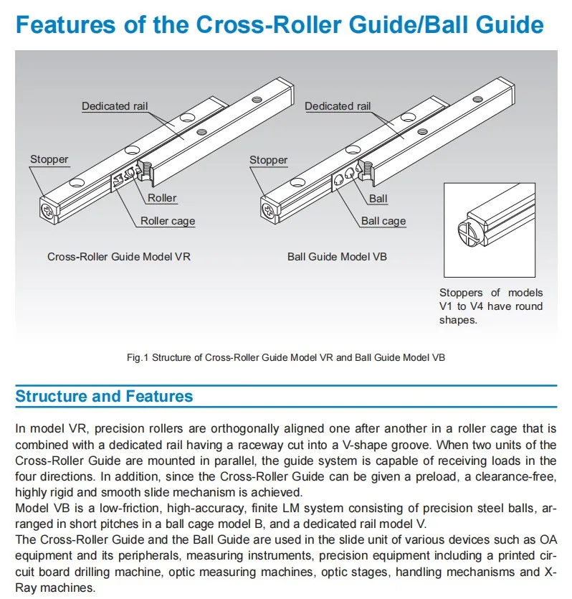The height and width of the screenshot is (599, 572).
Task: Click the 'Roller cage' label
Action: (167, 221)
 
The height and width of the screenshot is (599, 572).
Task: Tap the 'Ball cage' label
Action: (383, 221)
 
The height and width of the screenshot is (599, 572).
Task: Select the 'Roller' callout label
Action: (162, 198)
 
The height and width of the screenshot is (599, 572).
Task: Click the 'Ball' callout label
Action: (378, 198)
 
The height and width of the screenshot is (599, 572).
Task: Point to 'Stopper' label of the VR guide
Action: (49, 159)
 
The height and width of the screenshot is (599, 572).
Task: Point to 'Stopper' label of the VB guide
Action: (268, 160)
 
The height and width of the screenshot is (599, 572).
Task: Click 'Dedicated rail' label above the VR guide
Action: (115, 106)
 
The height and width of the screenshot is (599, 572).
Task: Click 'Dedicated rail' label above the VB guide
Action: (338, 106)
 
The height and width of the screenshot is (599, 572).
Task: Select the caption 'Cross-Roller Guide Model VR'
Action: (119, 256)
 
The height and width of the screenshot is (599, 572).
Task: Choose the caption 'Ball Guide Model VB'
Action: (337, 256)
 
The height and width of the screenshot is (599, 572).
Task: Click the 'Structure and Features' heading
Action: (104, 397)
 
